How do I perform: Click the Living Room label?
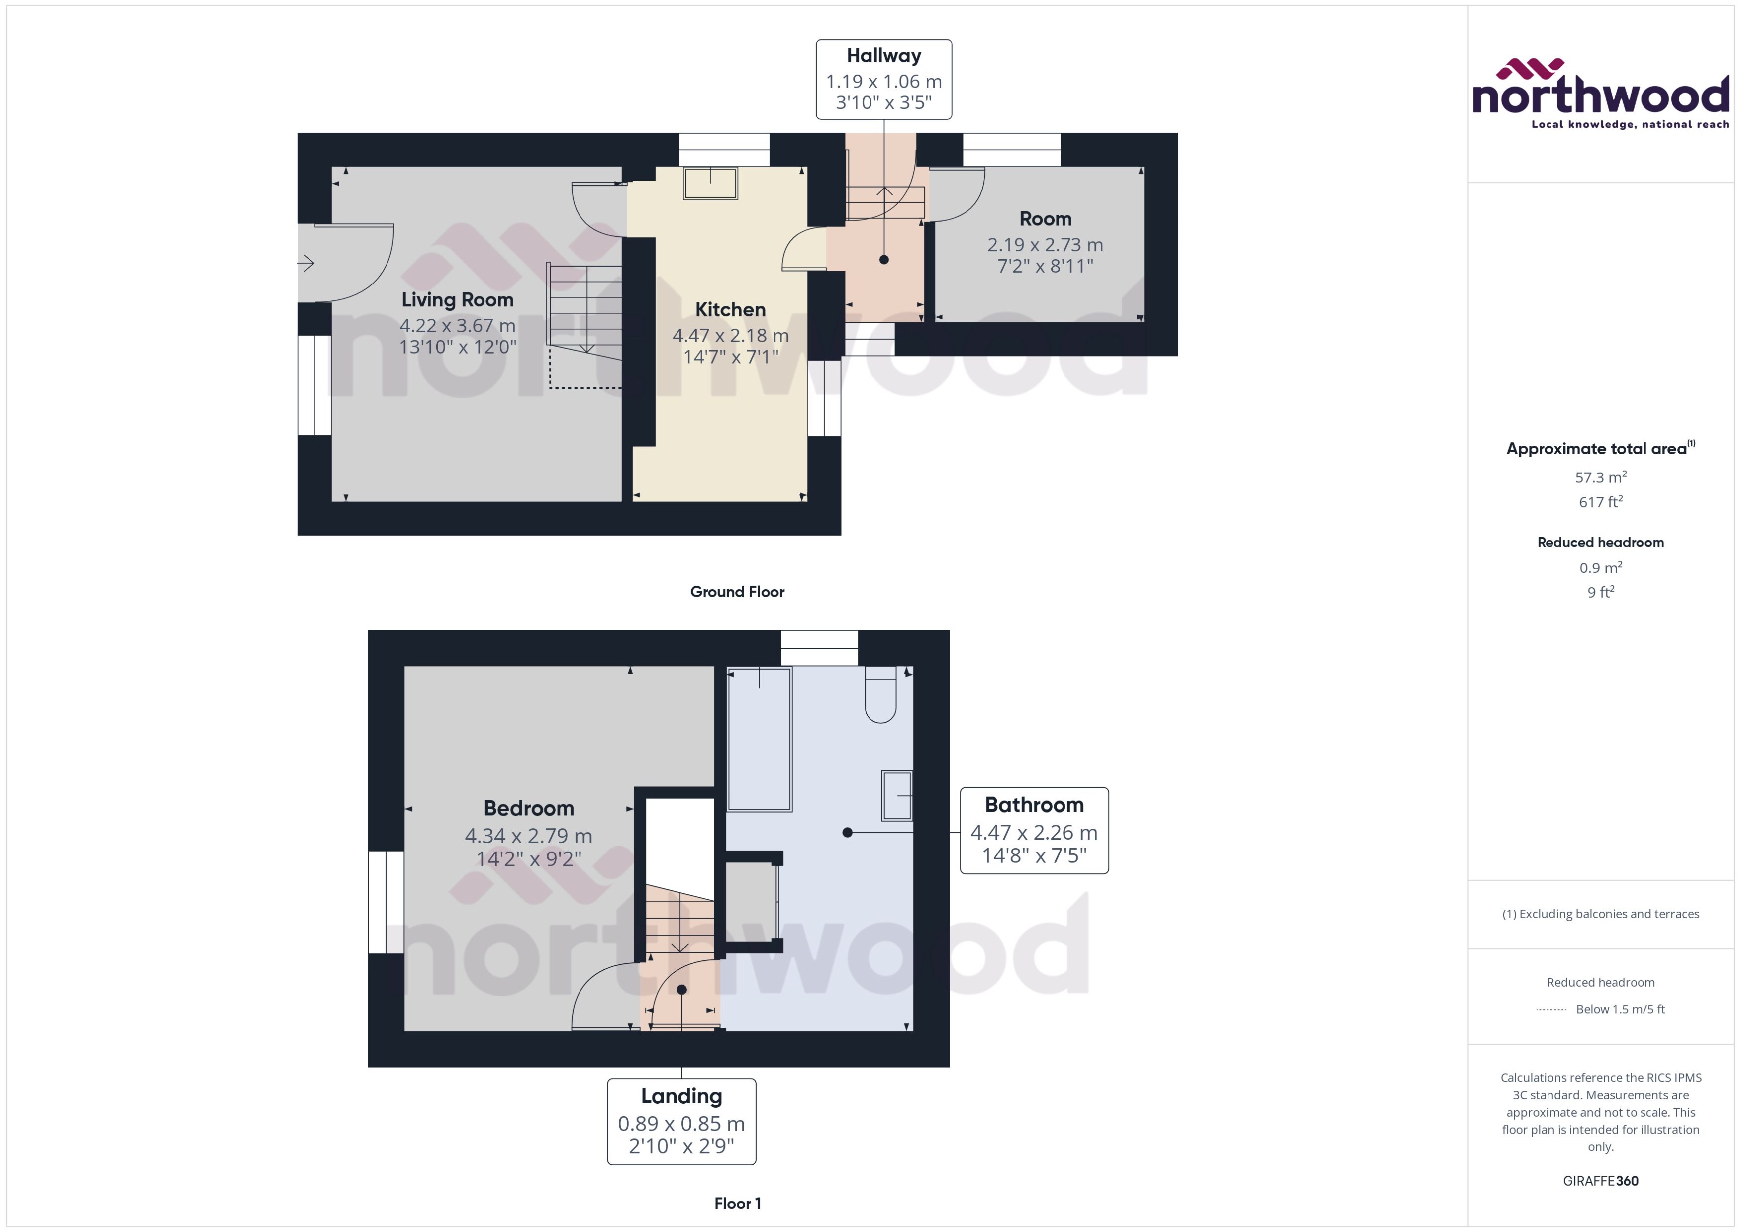coord(458,300)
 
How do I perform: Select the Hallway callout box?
coord(884,79)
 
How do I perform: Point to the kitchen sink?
coord(710,183)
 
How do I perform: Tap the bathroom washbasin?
coord(897,796)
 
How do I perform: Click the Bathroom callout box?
coord(1034,831)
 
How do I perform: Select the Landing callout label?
coord(681,1096)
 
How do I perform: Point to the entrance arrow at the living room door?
coord(306,263)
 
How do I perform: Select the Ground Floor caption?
coord(737,592)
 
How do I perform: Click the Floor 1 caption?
coord(737,1203)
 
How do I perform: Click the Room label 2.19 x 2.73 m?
coord(1045,244)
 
